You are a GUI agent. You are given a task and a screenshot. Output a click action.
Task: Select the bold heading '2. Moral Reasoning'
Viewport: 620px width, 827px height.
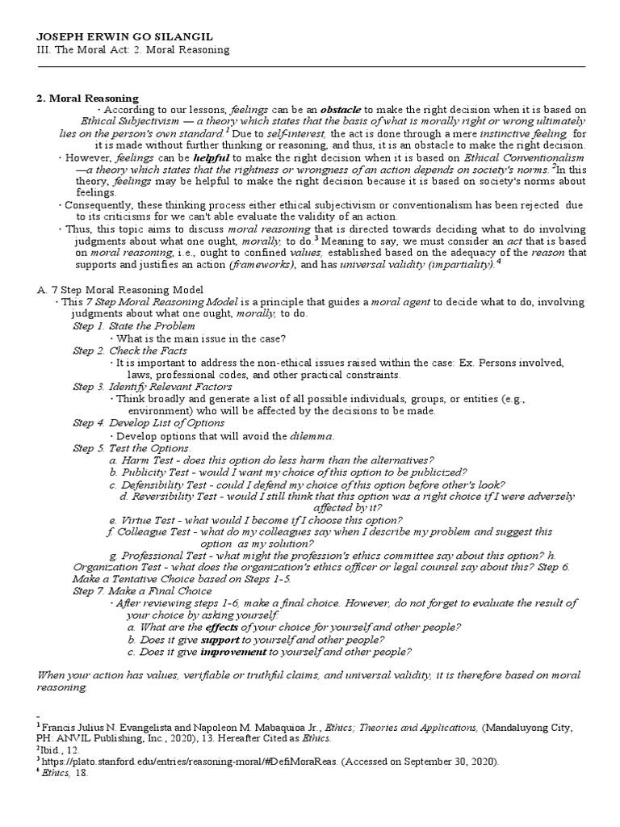[x=87, y=98]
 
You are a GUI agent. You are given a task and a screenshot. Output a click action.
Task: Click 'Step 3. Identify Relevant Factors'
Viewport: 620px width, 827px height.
[x=152, y=387]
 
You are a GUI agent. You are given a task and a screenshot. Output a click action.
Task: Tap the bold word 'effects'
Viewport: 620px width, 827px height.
[x=222, y=628]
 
